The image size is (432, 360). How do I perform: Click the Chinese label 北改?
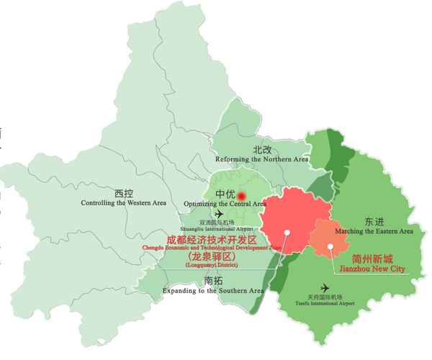point(261,149)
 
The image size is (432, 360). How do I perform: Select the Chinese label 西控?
point(125,193)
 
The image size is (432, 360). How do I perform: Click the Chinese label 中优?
point(225,195)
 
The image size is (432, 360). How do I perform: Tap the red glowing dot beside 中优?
point(242,195)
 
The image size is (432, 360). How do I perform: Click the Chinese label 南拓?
point(214,280)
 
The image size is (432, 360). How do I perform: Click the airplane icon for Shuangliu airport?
point(219,214)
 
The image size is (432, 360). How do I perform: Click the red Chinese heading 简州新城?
point(372,258)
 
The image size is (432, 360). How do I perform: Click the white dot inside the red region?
point(287,232)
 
